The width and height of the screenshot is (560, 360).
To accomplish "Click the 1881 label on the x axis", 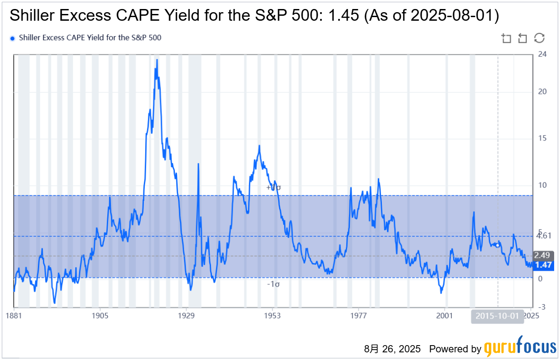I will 14,315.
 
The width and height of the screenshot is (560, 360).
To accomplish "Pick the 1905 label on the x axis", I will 100,315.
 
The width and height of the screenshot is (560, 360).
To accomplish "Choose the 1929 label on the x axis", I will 186,315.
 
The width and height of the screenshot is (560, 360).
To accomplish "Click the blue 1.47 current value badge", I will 543,265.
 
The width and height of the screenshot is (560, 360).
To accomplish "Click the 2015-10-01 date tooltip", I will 498,316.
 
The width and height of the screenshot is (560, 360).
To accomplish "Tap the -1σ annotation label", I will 274,284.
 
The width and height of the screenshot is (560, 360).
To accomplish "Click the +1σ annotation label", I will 274,187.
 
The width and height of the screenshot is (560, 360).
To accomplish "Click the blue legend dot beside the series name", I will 13,38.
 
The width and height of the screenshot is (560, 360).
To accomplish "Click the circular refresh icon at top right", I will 539,38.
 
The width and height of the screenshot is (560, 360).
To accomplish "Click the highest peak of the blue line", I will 157,59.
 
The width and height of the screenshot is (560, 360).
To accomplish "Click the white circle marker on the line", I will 497,245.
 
